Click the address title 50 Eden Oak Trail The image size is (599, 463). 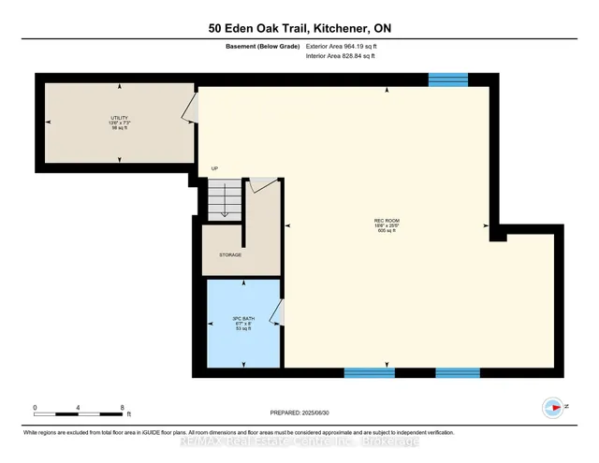[299, 28]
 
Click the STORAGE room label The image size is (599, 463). [230, 254]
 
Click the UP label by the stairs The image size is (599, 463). [214, 169]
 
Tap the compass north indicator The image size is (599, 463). [554, 407]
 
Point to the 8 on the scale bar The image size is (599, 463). [122, 408]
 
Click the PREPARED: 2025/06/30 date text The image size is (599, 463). [299, 412]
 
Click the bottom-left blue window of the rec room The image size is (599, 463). [369, 372]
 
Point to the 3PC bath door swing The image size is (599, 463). [276, 312]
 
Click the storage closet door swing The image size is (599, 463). [267, 184]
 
